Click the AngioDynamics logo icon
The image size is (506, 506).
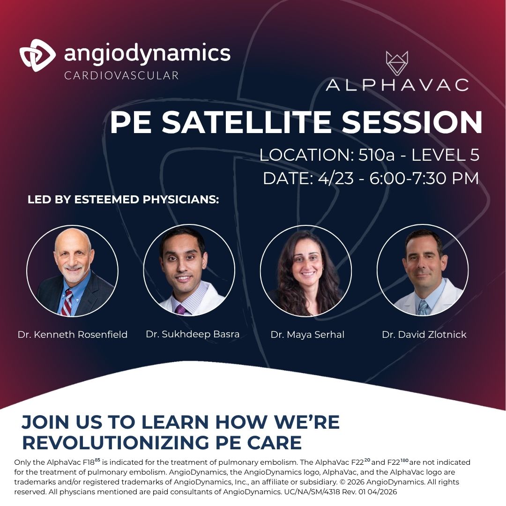click(37, 55)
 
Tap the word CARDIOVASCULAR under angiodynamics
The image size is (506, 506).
click(122, 75)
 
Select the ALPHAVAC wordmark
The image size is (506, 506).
click(397, 85)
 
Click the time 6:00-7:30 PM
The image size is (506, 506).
click(424, 179)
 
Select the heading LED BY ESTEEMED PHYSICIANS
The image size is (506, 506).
click(123, 200)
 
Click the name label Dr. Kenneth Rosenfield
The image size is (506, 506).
click(73, 335)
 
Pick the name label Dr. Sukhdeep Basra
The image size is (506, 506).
click(193, 334)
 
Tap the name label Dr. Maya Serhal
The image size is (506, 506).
click(307, 335)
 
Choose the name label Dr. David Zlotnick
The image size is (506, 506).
click(424, 335)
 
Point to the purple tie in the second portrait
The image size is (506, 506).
click(180, 309)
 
